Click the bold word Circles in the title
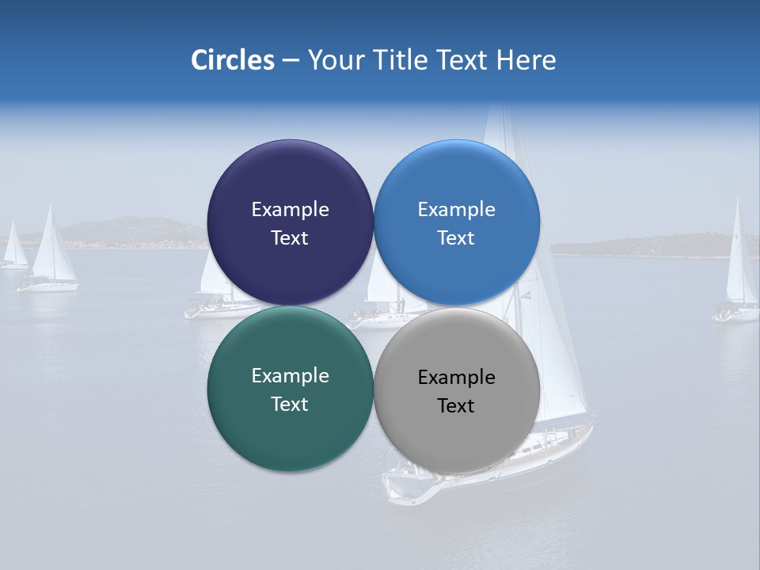click(x=233, y=60)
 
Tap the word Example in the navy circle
click(x=290, y=209)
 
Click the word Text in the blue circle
click(x=456, y=237)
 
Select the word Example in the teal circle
click(x=290, y=375)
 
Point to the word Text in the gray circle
click(x=456, y=405)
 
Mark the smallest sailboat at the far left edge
click(x=13, y=249)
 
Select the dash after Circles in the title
click(x=291, y=60)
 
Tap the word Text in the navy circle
click(x=290, y=237)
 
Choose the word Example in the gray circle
click(x=457, y=377)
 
